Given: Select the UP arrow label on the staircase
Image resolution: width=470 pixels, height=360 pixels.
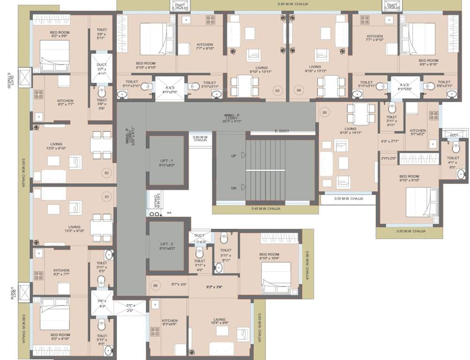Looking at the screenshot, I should pyautogui.click(x=233, y=155).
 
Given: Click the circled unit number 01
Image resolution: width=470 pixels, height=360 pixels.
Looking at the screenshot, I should pyautogui.click(x=106, y=197).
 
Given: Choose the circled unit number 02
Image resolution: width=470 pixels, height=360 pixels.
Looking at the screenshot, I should pyautogui.click(x=106, y=173).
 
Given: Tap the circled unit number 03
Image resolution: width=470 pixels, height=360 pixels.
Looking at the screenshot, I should pyautogui.click(x=277, y=90).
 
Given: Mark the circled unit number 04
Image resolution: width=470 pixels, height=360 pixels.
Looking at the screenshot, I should pyautogui.click(x=298, y=90).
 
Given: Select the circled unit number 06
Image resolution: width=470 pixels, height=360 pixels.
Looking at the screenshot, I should pyautogui.click(x=155, y=285).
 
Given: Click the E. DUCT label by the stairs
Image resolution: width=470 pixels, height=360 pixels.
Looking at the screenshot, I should pyautogui.click(x=283, y=131).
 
